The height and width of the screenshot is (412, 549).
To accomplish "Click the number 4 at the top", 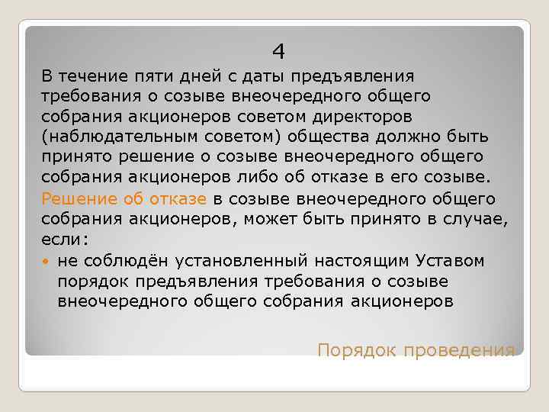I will coord(279,52).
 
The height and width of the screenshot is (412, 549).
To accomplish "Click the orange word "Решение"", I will coord(75,199).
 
